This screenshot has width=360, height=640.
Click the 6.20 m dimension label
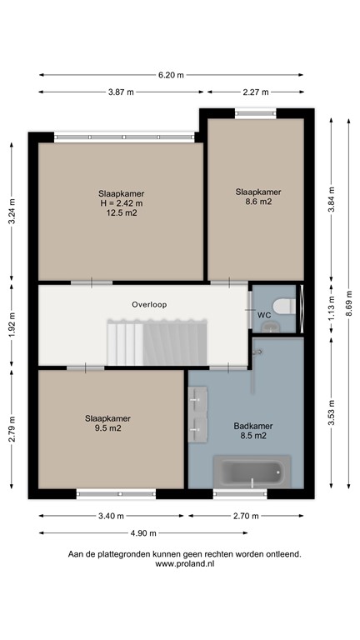pos(171,74)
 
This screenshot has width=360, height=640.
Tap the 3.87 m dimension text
pos(120,92)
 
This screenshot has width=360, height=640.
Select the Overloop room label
pos(149,305)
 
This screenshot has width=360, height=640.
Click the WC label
pos(263,315)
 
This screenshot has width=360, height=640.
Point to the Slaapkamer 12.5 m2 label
pos(120,202)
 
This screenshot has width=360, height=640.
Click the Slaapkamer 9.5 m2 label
pos(107,423)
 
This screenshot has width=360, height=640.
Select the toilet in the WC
pos(284,306)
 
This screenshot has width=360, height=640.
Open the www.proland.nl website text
pos(184,564)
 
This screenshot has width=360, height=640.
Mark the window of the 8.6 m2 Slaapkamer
pos(253,114)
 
